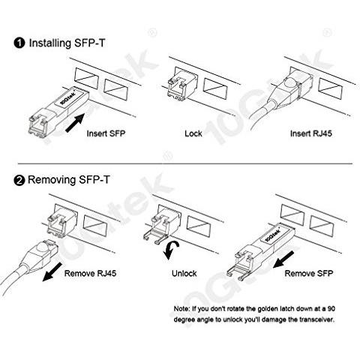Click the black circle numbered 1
pyautogui.click(x=19, y=43)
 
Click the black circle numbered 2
pyautogui.click(x=19, y=180)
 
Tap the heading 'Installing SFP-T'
pyautogui.click(x=67, y=43)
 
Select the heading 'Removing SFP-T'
pyautogui.click(x=69, y=180)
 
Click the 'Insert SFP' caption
pyautogui.click(x=106, y=133)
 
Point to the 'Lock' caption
pyautogui.click(x=193, y=133)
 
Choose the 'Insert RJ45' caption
pyautogui.click(x=311, y=133)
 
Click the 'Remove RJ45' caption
pyautogui.click(x=90, y=273)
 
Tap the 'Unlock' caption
pyautogui.click(x=184, y=273)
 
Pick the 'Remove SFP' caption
pyautogui.click(x=309, y=273)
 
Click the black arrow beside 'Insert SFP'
pyautogui.click(x=75, y=122)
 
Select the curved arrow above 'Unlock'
pyautogui.click(x=170, y=250)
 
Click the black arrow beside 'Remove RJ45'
pyautogui.click(x=52, y=271)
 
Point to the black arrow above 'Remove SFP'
pyautogui.click(x=283, y=259)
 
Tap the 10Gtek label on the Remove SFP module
pyautogui.click(x=272, y=235)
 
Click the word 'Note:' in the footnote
pyautogui.click(x=181, y=309)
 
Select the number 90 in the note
pyautogui.click(x=331, y=309)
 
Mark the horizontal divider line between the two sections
pyautogui.click(x=185, y=164)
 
